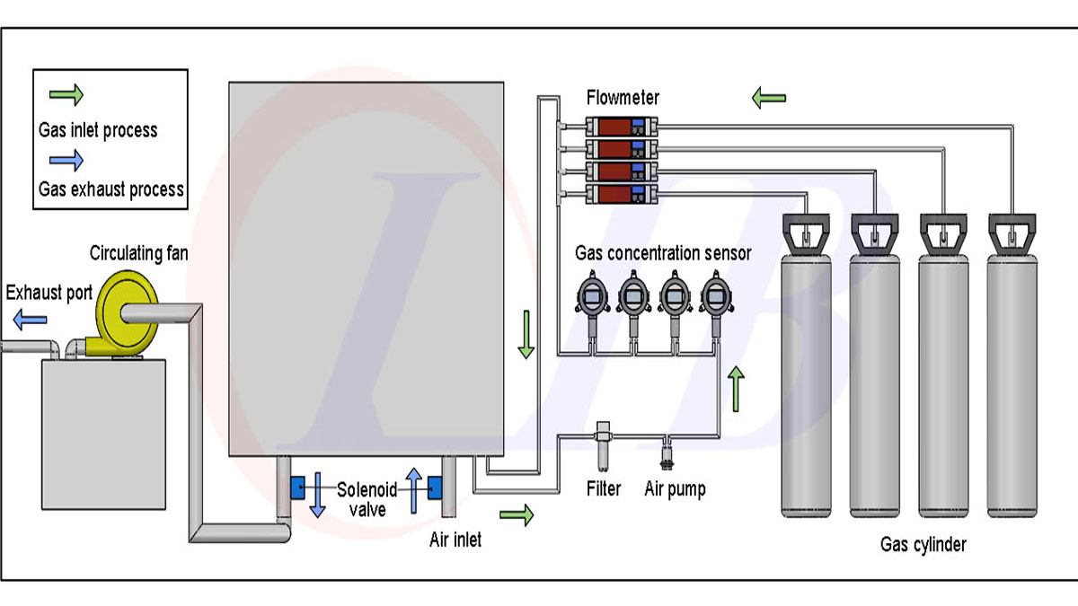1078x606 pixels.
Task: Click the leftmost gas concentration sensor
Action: click(592, 295)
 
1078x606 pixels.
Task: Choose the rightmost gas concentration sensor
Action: click(716, 295)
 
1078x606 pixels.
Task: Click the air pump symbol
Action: click(667, 452)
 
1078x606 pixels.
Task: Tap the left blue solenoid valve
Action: click(297, 488)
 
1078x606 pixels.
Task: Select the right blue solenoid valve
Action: click(437, 488)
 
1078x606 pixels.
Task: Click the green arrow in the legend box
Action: click(66, 93)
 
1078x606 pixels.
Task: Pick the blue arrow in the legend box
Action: click(66, 160)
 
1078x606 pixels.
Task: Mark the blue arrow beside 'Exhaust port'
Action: click(30, 317)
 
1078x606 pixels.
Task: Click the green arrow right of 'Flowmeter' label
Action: click(769, 96)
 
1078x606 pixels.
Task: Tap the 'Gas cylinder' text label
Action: click(923, 544)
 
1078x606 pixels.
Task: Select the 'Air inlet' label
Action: click(455, 540)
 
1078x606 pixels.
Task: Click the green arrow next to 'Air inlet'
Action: click(516, 514)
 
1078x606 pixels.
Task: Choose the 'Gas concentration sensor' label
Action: click(663, 253)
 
